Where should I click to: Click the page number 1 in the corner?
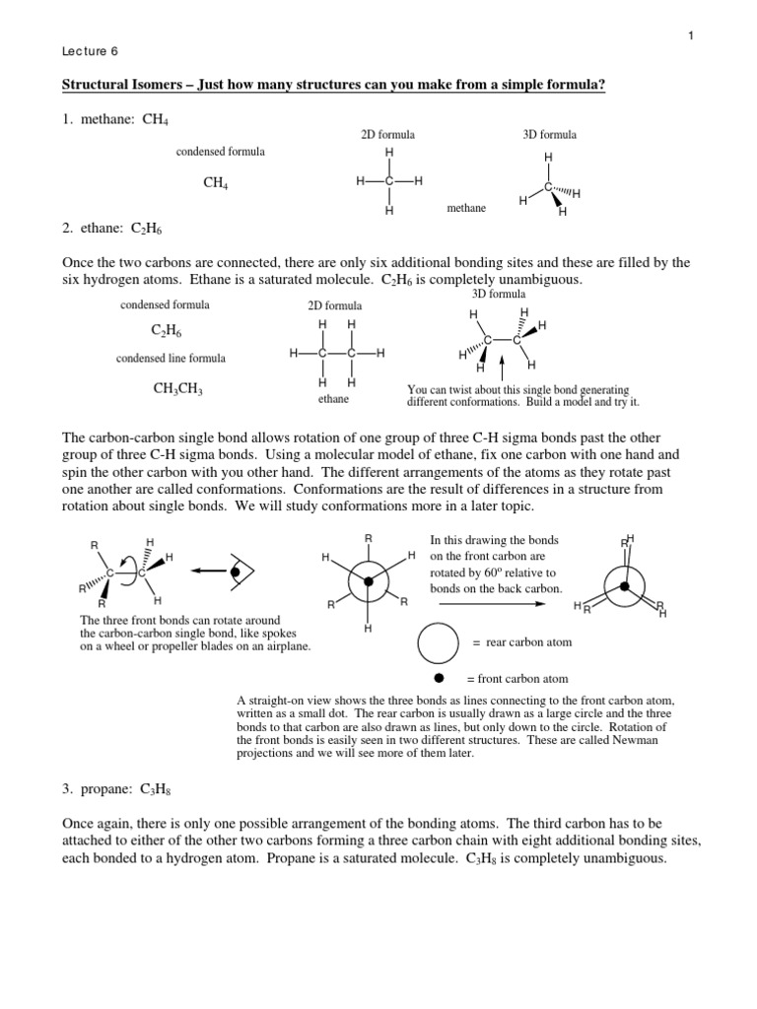692,36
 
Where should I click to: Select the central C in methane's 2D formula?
389,182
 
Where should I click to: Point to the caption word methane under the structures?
466,208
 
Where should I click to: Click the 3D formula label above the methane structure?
549,134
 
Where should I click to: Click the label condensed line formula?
171,358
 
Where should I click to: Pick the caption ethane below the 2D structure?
334,400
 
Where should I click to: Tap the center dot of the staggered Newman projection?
369,581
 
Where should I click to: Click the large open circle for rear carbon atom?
439,642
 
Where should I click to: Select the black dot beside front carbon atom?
439,679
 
